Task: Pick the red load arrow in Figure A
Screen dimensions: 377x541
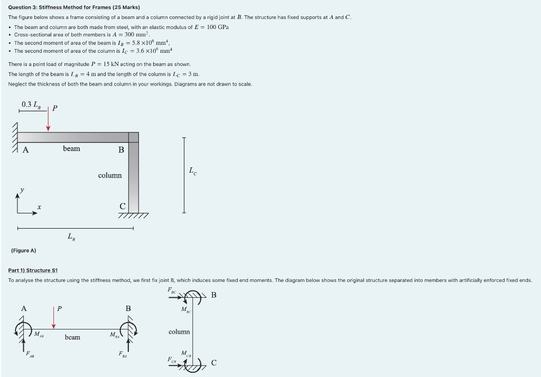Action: [48, 121]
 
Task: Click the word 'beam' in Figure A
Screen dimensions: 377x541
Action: [71, 149]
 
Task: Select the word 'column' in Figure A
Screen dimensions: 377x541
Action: [110, 175]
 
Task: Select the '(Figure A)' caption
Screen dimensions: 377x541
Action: [23, 250]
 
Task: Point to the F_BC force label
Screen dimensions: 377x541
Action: [172, 290]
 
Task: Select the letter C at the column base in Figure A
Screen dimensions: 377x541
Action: [122, 206]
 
